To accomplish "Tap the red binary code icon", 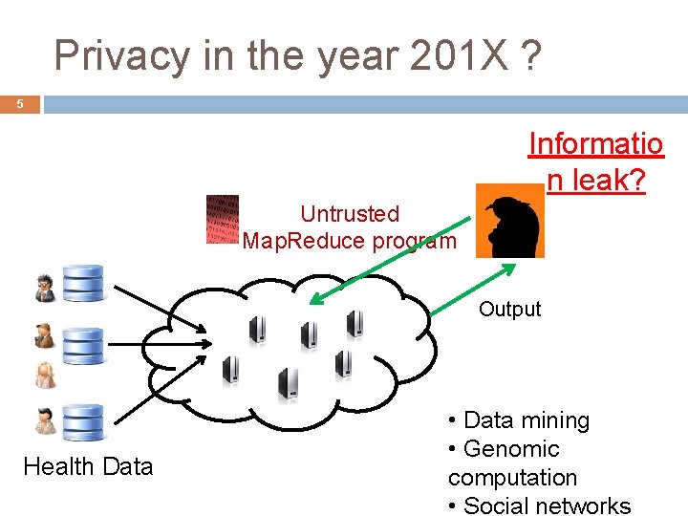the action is pyautogui.click(x=223, y=220).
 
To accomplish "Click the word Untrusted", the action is pyautogui.click(x=350, y=214).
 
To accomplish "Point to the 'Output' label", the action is pyautogui.click(x=509, y=309).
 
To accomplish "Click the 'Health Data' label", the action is pyautogui.click(x=88, y=466).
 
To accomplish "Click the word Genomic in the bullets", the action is pyautogui.click(x=510, y=449).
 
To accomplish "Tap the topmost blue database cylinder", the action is pyautogui.click(x=82, y=282).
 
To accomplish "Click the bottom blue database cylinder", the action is pyautogui.click(x=82, y=421).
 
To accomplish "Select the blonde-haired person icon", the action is pyautogui.click(x=45, y=376).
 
